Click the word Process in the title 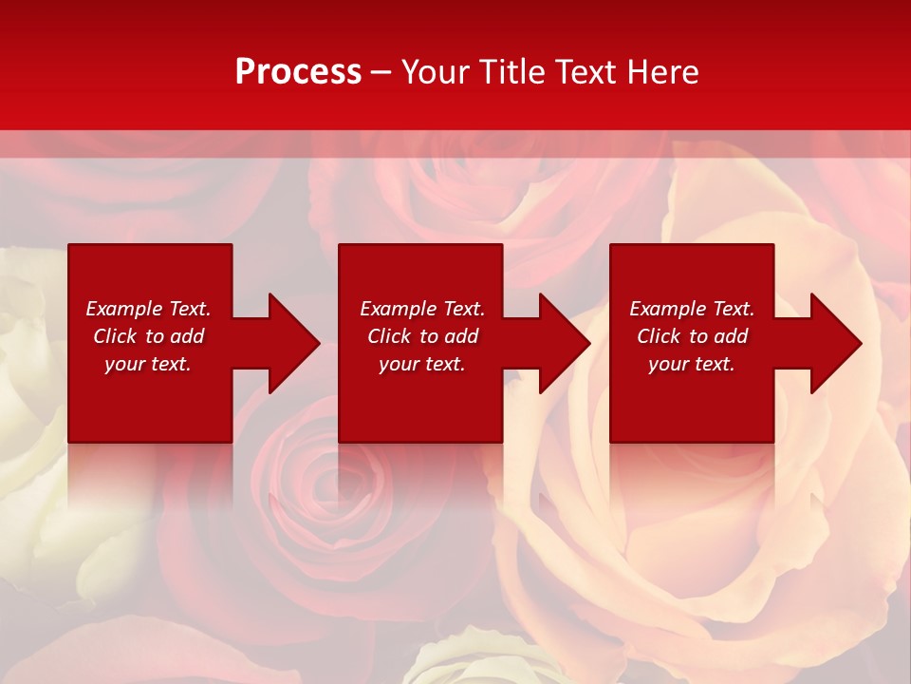[x=298, y=72]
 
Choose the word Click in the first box [x=115, y=336]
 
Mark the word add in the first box [x=187, y=336]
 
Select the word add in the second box [x=461, y=336]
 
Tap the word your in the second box [x=398, y=364]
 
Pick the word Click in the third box [x=659, y=336]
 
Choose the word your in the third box [x=667, y=364]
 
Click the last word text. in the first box [x=171, y=364]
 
